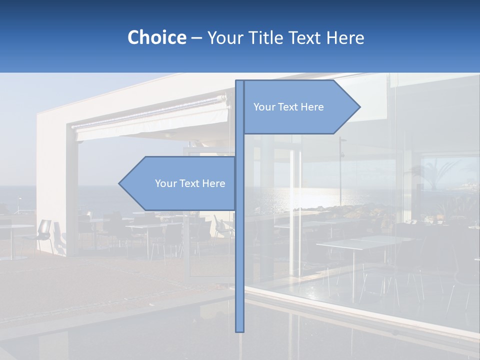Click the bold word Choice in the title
(x=156, y=37)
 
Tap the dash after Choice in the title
(x=196, y=38)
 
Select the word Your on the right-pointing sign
(x=264, y=107)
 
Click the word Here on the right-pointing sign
(x=312, y=107)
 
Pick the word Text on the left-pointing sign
(x=189, y=183)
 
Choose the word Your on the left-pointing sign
(x=165, y=183)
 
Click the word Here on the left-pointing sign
(x=213, y=183)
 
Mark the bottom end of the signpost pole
(x=240, y=330)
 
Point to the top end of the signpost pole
(x=240, y=81)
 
